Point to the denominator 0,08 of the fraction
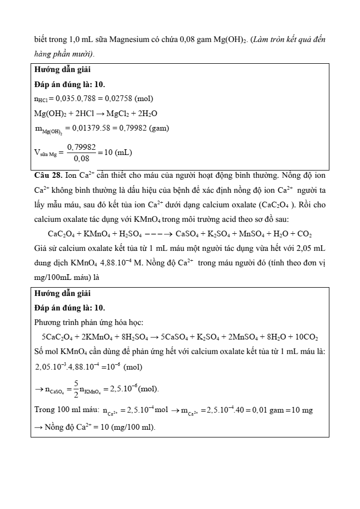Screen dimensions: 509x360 pos(81,159)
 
